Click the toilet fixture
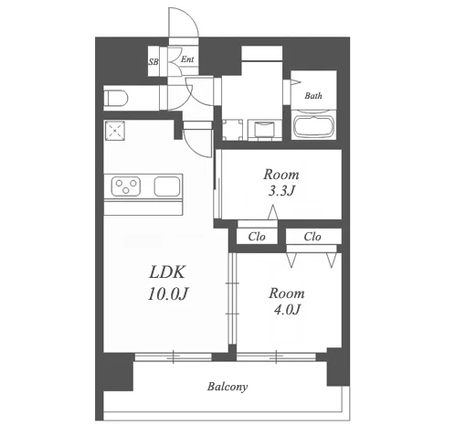[x=116, y=98]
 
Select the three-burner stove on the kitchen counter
[x=126, y=187]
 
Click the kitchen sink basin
[x=167, y=187]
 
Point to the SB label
[x=153, y=62]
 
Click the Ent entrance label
[x=187, y=59]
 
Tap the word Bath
[x=313, y=96]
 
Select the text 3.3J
[x=281, y=191]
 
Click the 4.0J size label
[x=287, y=310]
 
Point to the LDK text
[x=167, y=272]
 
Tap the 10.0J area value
[x=167, y=294]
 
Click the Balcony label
[x=227, y=387]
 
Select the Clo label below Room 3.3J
[x=257, y=237]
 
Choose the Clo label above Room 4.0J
[x=312, y=237]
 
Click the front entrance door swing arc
[x=191, y=18]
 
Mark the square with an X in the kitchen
[x=115, y=131]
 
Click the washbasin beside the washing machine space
[x=265, y=130]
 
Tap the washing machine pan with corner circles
[x=233, y=130]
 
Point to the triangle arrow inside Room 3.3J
[x=273, y=212]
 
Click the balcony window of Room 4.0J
[x=276, y=357]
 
